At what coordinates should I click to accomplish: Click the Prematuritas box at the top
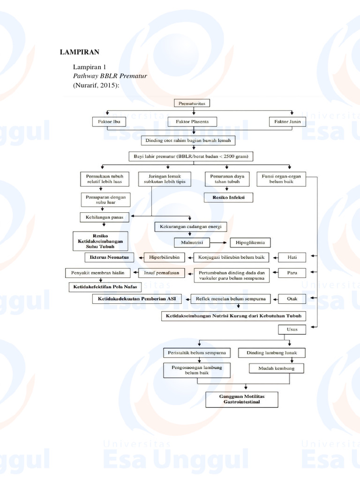click(x=193, y=102)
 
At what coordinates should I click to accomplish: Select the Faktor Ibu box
click(x=109, y=121)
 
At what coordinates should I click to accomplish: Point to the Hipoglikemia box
click(x=250, y=242)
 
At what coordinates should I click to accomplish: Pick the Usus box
click(x=292, y=330)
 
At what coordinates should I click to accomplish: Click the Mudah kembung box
click(x=276, y=368)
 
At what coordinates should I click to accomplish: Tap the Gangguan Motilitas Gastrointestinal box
click(x=242, y=399)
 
